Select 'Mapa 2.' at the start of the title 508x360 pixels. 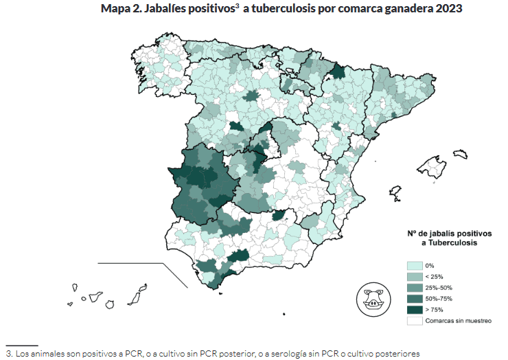point(121,10)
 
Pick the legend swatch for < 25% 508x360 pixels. point(414,276)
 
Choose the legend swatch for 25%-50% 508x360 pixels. point(414,287)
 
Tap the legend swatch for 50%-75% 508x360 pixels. point(414,298)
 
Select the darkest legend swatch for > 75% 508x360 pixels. point(414,309)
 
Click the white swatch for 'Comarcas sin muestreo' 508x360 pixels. point(414,320)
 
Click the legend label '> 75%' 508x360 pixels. point(435,309)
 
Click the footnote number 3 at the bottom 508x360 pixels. point(8,353)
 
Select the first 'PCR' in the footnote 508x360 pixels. point(134,353)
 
